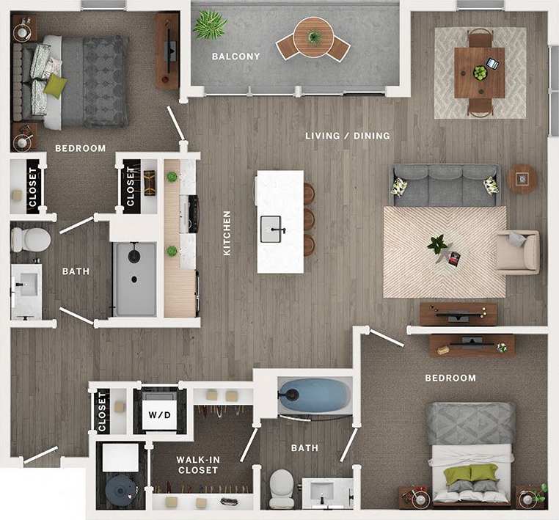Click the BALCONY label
point(235,56)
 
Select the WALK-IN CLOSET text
point(197,465)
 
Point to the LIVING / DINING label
point(348,136)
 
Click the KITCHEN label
point(227,233)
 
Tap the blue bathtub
point(315,395)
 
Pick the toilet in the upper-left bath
point(31,239)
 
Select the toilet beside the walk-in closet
point(282,487)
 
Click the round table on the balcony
point(314,37)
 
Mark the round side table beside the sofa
point(522,178)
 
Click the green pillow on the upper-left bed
point(55,86)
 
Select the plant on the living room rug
point(438,244)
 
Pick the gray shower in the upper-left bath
point(134,279)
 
